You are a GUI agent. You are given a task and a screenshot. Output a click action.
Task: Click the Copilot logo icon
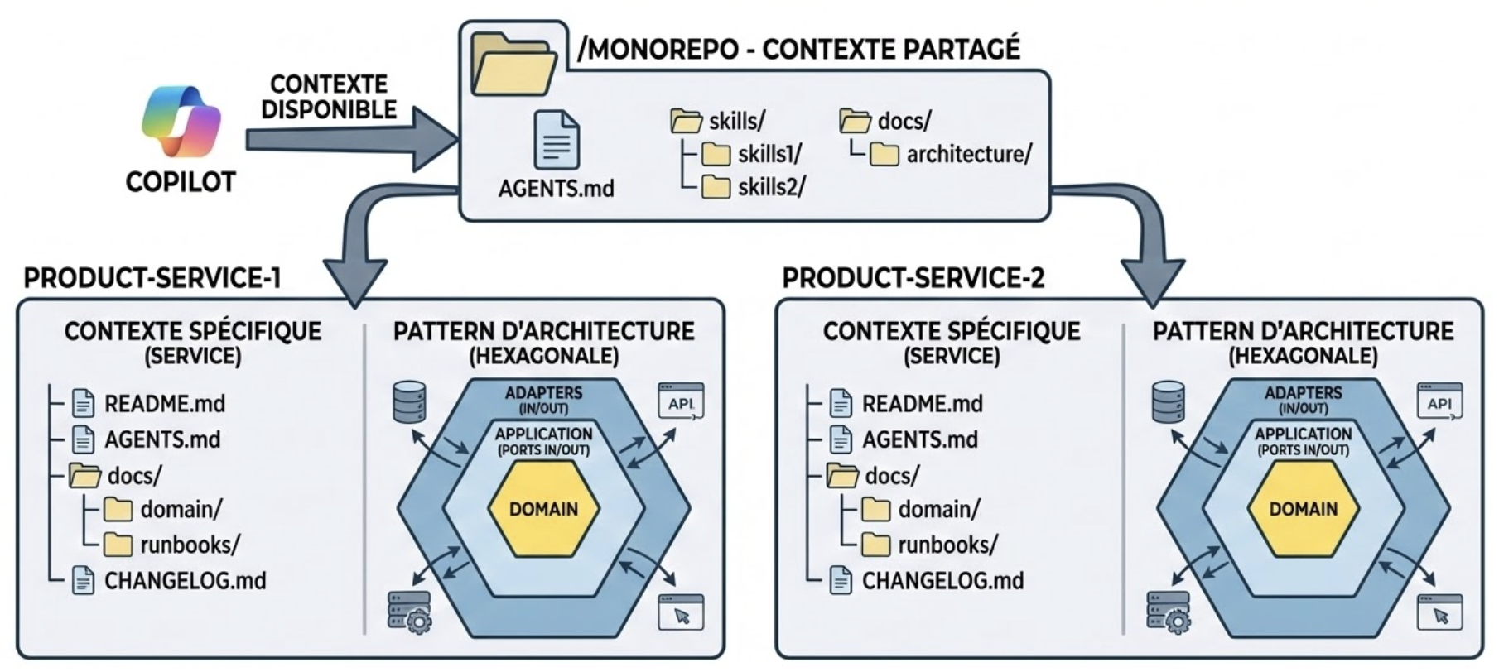pos(181,123)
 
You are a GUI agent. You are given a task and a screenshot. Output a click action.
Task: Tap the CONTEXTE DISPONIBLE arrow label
pos(329,97)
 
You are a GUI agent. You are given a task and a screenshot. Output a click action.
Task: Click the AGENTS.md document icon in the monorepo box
pos(557,140)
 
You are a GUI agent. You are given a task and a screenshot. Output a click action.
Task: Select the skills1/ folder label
pos(769,155)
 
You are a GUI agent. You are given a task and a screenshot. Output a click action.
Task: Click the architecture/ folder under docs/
pos(968,155)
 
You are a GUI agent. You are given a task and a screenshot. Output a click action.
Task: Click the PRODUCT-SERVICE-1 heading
pos(152,278)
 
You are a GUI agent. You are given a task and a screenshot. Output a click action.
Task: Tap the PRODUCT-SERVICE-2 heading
pos(913,278)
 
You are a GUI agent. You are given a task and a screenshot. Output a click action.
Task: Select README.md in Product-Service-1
pos(164,404)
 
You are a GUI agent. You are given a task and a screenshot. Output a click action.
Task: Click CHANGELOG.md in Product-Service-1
pos(185,581)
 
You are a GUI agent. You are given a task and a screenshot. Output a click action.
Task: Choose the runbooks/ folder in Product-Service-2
pos(947,545)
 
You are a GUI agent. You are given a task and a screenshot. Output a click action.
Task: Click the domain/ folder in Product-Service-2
pos(938,510)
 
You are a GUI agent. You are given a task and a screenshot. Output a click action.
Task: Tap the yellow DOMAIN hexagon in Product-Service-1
pos(543,508)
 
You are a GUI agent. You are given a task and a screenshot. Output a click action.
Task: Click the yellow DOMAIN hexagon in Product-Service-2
pos(1303,508)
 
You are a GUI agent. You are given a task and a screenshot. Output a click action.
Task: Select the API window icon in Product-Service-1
pos(681,401)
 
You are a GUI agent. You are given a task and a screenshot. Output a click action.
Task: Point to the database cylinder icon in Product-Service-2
pos(1169,401)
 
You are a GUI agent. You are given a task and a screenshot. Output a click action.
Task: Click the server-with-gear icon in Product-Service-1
pos(408,612)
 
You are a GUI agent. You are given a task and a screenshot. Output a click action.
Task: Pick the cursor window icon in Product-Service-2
pos(1440,613)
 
